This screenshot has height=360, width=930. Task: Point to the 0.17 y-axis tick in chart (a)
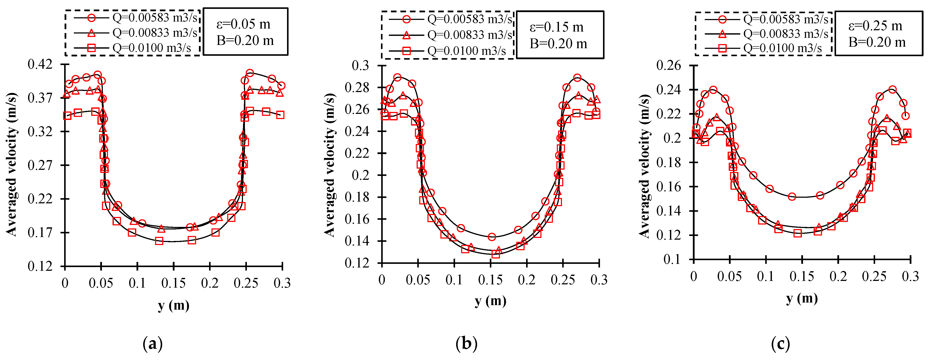pyautogui.click(x=40, y=233)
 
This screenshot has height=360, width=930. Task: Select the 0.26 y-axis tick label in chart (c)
pyautogui.click(x=669, y=66)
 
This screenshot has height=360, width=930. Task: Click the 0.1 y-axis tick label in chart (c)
pyautogui.click(x=672, y=259)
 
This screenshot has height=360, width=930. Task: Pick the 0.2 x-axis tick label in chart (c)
pyautogui.click(x=838, y=277)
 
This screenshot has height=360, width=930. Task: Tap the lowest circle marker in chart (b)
pyautogui.click(x=491, y=237)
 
